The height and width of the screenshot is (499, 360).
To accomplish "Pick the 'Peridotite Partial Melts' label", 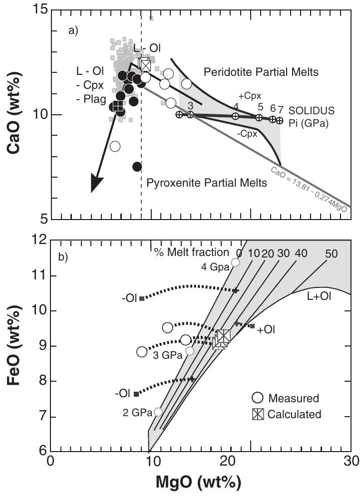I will click(261, 72).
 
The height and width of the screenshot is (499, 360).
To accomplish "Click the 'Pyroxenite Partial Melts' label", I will click(207, 183).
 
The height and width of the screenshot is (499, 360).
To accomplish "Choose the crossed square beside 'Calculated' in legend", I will click(258, 414).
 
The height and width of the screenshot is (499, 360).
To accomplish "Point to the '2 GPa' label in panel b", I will click(134, 412).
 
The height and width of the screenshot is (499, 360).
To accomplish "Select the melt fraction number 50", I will click(331, 253).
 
